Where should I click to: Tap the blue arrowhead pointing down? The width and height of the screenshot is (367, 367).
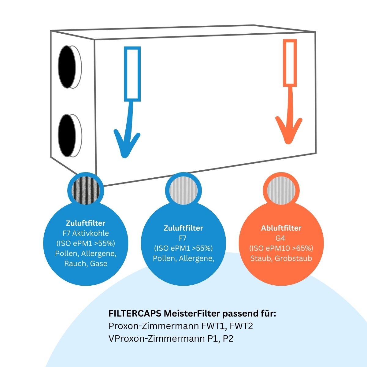click(126, 144)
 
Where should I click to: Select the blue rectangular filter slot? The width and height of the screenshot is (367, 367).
click(132, 74)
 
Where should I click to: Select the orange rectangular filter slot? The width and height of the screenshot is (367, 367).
click(290, 63)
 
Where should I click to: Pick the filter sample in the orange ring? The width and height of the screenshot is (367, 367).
click(281, 191)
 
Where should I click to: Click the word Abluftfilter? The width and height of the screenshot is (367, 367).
click(281, 228)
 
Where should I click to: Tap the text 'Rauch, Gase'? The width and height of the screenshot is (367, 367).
click(86, 264)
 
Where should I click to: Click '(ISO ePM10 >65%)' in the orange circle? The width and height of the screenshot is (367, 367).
click(281, 248)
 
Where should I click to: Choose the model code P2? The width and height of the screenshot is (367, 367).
click(228, 339)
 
